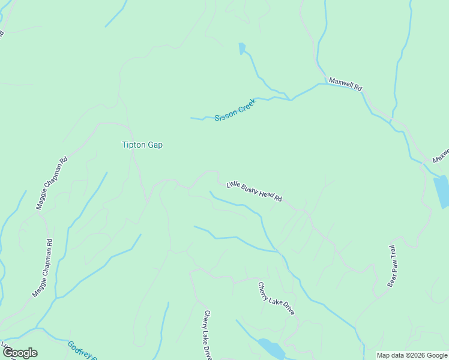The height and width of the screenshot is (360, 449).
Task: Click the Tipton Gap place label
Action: coord(142,145)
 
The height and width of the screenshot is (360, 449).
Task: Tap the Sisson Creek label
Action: coord(235,110)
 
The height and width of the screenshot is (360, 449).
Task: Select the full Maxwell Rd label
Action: coord(346,83)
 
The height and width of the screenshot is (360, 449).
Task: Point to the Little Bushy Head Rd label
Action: coord(254,191)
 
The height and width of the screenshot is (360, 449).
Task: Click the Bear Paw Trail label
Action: coord(392,266)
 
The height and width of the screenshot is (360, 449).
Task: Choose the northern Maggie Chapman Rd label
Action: coord(52,183)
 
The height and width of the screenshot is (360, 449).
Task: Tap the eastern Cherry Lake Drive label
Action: coord(277,299)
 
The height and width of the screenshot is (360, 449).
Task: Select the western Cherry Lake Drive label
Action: coord(207,334)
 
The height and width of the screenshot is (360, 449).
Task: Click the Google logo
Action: coord(20,353)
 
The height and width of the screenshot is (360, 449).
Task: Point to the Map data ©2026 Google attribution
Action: coord(412,355)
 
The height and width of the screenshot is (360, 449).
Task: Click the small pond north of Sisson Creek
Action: coord(242,49)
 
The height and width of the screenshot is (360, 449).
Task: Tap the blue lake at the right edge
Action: coord(442,191)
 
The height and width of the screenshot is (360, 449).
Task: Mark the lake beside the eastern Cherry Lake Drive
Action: coord(271,348)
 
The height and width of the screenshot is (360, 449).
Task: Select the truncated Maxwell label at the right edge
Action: coord(441,156)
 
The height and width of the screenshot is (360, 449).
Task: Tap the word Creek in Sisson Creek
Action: coord(247,106)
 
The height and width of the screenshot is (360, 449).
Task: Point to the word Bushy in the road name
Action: coord(252,190)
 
